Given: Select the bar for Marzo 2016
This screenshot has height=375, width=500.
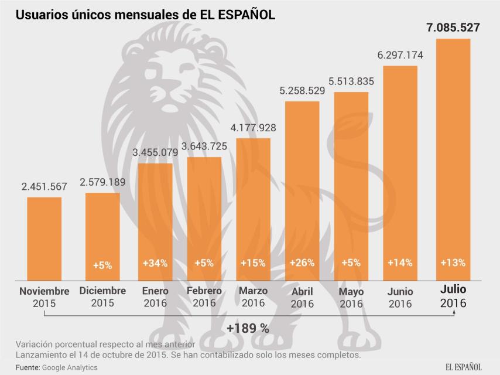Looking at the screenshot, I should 254,209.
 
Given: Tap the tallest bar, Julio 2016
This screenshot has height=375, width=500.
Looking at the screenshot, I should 453,158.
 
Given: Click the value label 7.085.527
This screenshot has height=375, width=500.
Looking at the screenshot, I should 453,28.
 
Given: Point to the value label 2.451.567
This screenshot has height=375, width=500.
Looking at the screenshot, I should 44,187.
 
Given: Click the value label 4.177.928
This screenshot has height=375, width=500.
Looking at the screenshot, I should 253,128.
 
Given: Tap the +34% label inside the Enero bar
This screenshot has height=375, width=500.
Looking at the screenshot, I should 155,263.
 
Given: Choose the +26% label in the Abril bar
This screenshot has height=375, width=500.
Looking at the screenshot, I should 302,263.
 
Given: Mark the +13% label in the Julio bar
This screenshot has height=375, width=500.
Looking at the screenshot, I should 453,262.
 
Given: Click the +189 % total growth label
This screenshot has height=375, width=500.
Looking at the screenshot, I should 248,328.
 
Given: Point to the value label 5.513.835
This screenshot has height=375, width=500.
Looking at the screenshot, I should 351,81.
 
